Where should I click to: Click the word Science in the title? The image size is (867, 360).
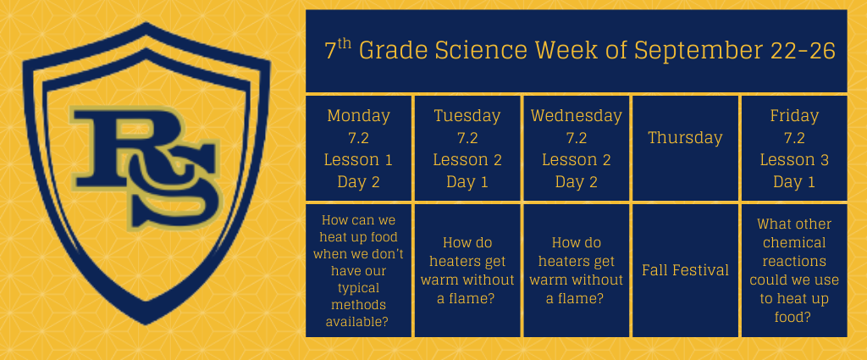[481, 51]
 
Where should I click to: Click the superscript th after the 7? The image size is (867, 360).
[345, 43]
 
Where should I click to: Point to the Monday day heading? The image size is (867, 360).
[358, 116]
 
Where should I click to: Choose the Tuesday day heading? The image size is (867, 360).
[467, 116]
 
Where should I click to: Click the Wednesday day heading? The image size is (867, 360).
[576, 116]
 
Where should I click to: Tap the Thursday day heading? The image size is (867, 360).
[685, 138]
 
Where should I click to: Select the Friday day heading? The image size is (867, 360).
[794, 116]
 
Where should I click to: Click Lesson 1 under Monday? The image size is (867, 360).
[358, 160]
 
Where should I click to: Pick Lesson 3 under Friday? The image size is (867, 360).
[794, 160]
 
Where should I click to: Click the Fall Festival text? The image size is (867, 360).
[685, 270]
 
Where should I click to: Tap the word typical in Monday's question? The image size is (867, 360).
[358, 289]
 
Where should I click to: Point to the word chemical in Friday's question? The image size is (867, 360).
[794, 243]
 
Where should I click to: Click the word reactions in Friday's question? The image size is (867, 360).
[794, 261]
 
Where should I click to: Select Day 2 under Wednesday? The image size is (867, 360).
[576, 182]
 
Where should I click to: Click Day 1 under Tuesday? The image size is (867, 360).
[467, 182]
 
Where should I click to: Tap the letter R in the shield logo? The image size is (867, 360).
[119, 149]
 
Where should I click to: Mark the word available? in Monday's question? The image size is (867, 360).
[358, 322]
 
